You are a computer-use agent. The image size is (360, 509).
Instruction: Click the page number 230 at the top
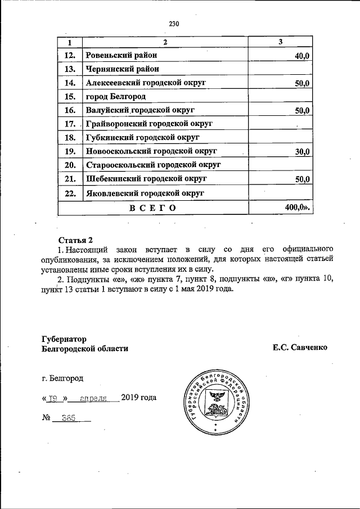pos(174,24)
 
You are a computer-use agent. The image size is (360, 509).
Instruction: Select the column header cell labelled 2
pos(165,43)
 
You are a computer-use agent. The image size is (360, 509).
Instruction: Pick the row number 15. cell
pos(70,97)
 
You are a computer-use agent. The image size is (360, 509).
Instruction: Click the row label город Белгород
pos(112,97)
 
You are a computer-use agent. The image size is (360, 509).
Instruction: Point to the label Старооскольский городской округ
pos(152,165)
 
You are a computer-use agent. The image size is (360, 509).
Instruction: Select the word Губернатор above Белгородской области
pos(65,339)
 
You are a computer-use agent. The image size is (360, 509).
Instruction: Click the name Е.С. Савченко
pos(300,348)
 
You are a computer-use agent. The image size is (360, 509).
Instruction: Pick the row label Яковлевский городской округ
pos(145,193)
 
